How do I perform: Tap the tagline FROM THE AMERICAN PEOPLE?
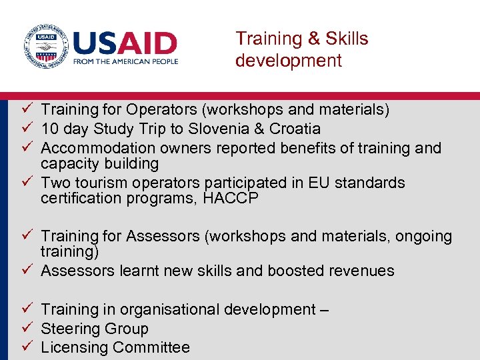click(x=125, y=61)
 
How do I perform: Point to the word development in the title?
click(x=288, y=61)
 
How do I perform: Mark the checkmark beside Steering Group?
click(x=27, y=328)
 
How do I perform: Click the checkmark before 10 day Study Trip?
click(x=27, y=128)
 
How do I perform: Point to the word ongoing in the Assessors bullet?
click(x=423, y=237)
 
